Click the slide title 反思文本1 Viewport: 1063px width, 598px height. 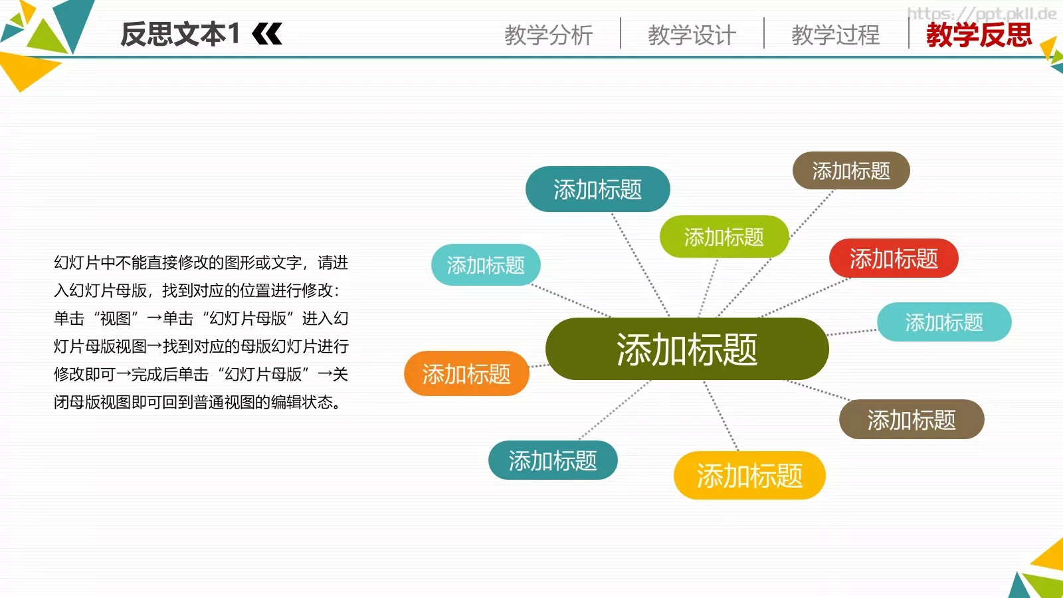(179, 34)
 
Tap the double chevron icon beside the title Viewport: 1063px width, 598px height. (268, 34)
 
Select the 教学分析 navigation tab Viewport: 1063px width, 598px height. (548, 35)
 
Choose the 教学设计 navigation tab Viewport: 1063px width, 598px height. (692, 35)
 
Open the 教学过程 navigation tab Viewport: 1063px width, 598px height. (835, 35)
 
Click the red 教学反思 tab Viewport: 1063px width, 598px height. (979, 35)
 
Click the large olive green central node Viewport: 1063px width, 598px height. (686, 349)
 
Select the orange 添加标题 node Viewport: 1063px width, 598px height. (466, 374)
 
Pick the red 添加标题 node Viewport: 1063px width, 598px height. (893, 258)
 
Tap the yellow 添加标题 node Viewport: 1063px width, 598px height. (749, 476)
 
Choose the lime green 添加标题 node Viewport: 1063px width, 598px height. (724, 237)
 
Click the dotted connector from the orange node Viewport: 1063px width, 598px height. (537, 365)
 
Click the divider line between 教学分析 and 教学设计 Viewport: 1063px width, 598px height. (621, 33)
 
